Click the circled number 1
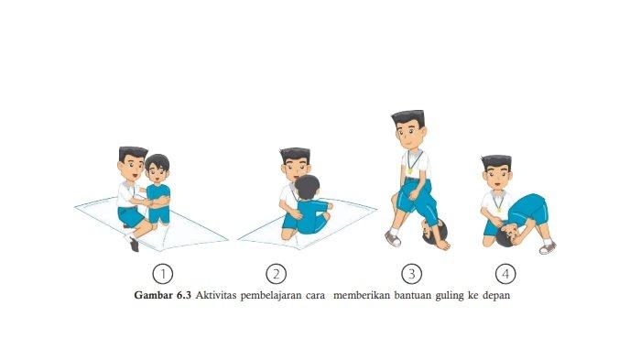(163, 274)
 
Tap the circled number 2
(276, 274)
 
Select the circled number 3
(412, 274)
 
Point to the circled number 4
(505, 274)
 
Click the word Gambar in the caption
(153, 295)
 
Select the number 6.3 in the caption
(183, 295)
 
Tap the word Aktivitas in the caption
(215, 295)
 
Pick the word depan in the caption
(496, 296)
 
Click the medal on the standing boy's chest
(409, 171)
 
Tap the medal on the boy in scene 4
(499, 211)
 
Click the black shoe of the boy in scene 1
(134, 244)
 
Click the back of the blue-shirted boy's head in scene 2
(307, 188)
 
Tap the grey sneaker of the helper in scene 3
(393, 238)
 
